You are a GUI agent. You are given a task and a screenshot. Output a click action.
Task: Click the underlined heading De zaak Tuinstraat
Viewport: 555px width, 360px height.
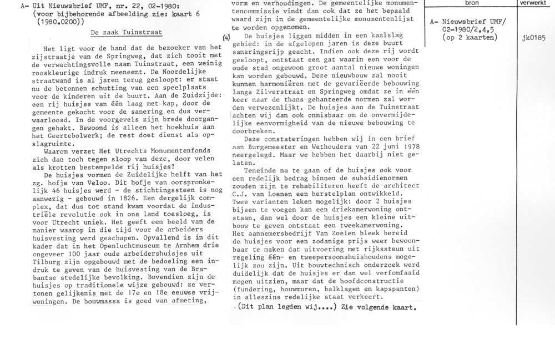[126, 33]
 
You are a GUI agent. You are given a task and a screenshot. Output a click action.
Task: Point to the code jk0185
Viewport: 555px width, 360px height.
[533, 38]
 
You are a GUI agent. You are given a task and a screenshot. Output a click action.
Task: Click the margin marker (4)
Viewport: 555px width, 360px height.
[225, 37]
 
